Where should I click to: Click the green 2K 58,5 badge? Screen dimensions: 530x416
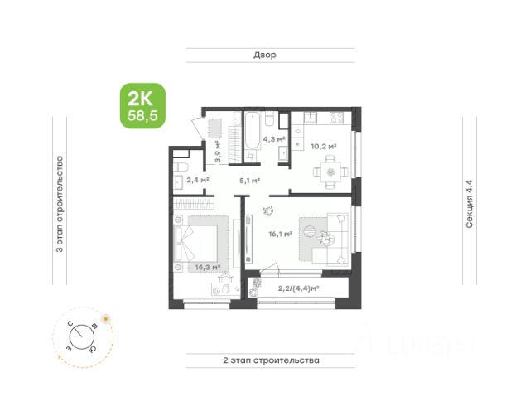(x=143, y=106)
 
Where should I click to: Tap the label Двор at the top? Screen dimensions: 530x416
(x=265, y=55)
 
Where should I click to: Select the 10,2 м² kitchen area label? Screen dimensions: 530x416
(x=324, y=147)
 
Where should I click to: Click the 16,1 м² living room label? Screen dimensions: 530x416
(x=281, y=234)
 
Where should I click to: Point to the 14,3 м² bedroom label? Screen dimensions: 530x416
(x=208, y=267)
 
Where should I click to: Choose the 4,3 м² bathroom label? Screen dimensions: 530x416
(x=274, y=139)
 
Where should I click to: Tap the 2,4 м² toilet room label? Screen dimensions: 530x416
(x=198, y=180)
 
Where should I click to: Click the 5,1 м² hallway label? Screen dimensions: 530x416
(x=250, y=181)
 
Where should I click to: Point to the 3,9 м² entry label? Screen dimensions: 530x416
(x=219, y=152)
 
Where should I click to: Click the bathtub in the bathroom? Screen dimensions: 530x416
(x=253, y=131)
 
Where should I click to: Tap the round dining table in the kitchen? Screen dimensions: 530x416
(x=330, y=172)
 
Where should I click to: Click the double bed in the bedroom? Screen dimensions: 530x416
(x=196, y=243)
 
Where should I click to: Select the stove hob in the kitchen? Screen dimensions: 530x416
(x=337, y=118)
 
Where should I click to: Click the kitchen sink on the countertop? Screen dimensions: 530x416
(x=311, y=118)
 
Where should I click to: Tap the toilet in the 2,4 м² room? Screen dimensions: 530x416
(x=181, y=167)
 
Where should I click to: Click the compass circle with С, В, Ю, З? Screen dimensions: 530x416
(x=82, y=337)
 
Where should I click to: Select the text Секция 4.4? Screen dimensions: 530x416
(x=470, y=204)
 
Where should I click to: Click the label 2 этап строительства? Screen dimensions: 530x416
(x=271, y=360)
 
